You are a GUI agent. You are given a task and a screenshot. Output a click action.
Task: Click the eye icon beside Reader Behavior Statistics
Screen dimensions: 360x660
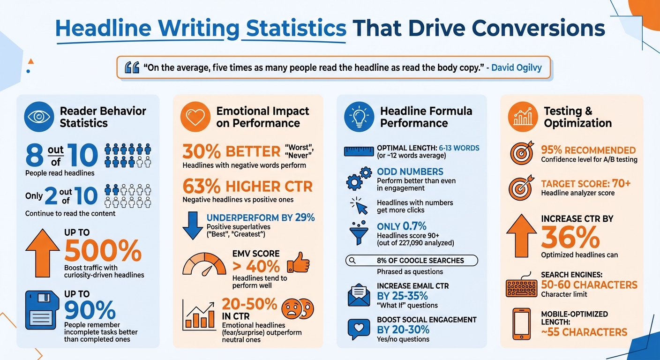[38, 117]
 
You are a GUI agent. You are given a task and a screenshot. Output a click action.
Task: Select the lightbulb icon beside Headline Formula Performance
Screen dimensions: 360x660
[359, 117]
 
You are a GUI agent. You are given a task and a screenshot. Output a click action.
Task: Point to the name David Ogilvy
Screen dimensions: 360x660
[517, 67]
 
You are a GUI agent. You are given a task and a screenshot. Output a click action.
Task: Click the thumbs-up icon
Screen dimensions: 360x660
[298, 262]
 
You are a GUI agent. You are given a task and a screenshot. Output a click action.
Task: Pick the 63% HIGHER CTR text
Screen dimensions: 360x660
[247, 187]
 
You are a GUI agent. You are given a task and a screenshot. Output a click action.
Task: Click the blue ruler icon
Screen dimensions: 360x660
[359, 151]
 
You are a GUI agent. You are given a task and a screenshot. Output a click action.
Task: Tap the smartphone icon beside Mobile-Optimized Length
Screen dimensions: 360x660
[521, 323]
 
